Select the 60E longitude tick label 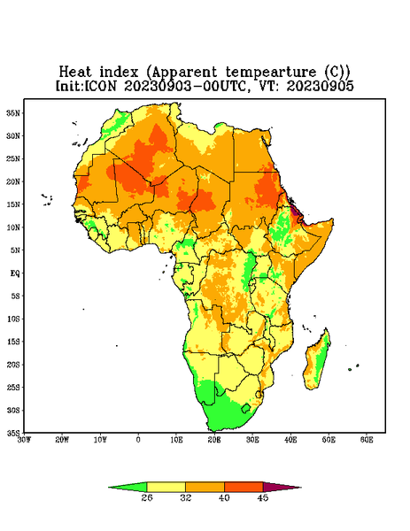tap(367, 440)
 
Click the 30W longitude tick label tap(24, 440)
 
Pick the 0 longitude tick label tap(138, 440)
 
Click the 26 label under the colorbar tap(147, 497)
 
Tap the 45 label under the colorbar tap(263, 497)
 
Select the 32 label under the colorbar tap(186, 497)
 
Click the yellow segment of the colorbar tap(166, 487)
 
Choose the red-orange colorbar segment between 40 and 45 tap(244, 487)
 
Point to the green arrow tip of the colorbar tap(109, 488)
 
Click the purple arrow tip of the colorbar tap(300, 488)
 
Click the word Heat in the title tap(75, 73)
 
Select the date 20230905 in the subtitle tap(321, 86)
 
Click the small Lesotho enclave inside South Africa tap(245, 408)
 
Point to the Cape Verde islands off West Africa tap(47, 199)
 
